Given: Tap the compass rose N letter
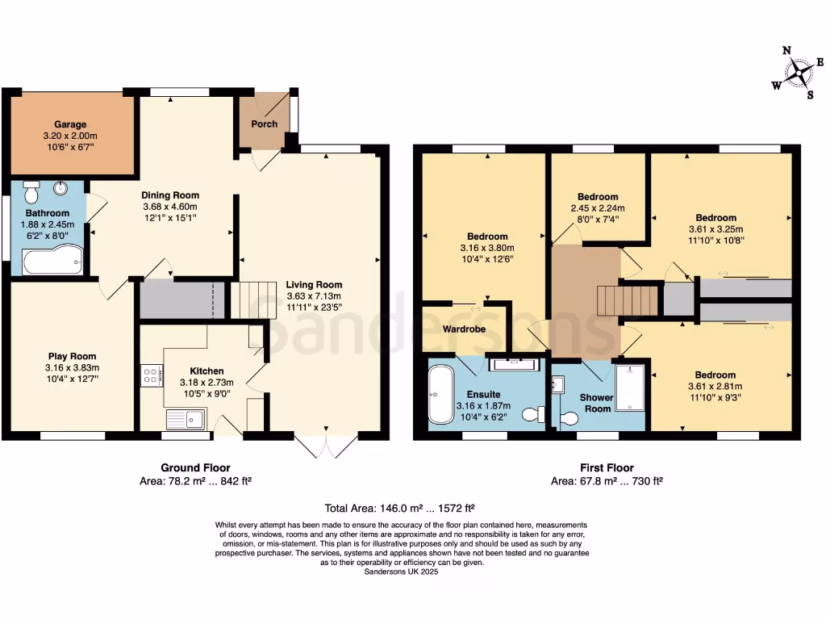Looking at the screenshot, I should pyautogui.click(x=786, y=50).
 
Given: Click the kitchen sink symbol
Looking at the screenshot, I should pyautogui.click(x=186, y=419).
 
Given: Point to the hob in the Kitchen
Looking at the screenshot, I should pyautogui.click(x=151, y=374).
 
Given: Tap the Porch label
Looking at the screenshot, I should pyautogui.click(x=264, y=124).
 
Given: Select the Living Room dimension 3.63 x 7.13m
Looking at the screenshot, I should pyautogui.click(x=314, y=295).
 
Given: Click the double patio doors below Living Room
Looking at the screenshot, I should pyautogui.click(x=327, y=446).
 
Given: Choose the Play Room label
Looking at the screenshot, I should pyautogui.click(x=72, y=356).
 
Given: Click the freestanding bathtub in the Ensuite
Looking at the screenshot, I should pyautogui.click(x=441, y=395).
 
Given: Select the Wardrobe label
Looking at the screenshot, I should pyautogui.click(x=461, y=329).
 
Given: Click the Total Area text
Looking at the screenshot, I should pyautogui.click(x=399, y=509).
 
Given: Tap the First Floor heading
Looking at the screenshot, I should pyautogui.click(x=607, y=467).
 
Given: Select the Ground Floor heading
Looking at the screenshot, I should pyautogui.click(x=195, y=467).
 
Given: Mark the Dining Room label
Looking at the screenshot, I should pyautogui.click(x=169, y=195).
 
